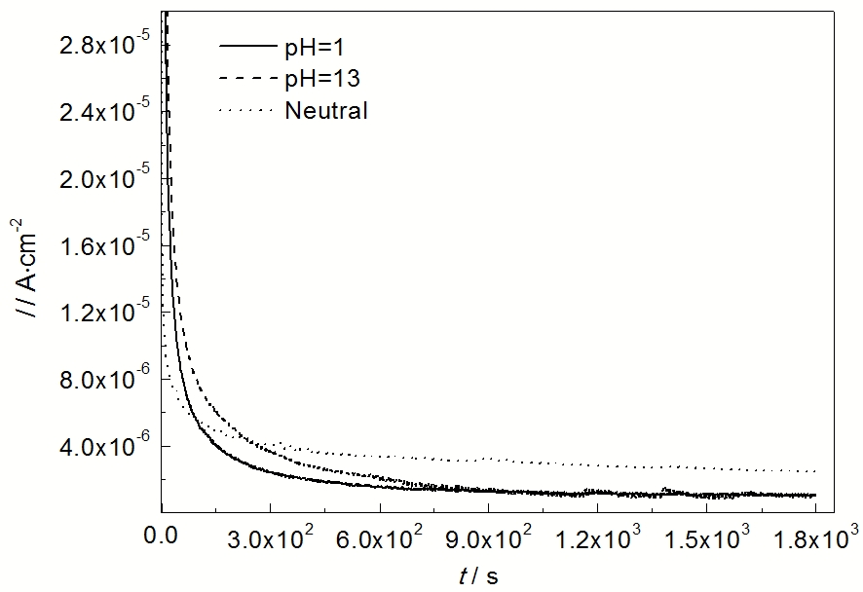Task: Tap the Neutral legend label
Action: point(326,111)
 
